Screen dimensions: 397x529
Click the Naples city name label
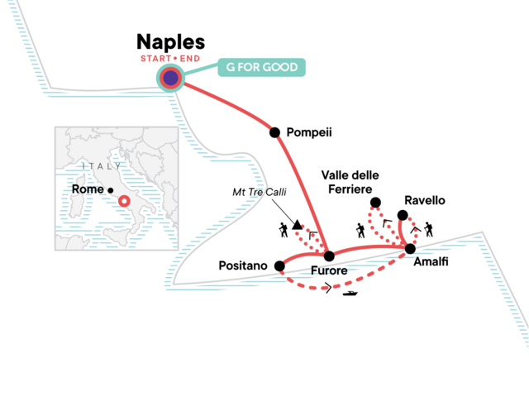[170, 42]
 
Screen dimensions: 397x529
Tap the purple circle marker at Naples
[170, 78]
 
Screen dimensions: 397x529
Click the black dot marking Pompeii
[274, 132]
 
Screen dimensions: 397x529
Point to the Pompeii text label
[308, 132]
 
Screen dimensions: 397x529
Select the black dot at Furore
[328, 256]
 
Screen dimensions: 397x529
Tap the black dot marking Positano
[279, 266]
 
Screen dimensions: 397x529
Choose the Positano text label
[242, 266]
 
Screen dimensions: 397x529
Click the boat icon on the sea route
[350, 292]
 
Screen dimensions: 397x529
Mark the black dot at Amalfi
[409, 248]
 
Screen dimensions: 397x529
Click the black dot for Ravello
[403, 215]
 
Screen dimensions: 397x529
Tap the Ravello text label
[425, 200]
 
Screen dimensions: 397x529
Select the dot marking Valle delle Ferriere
[375, 203]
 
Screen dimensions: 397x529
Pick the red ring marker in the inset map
[125, 200]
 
